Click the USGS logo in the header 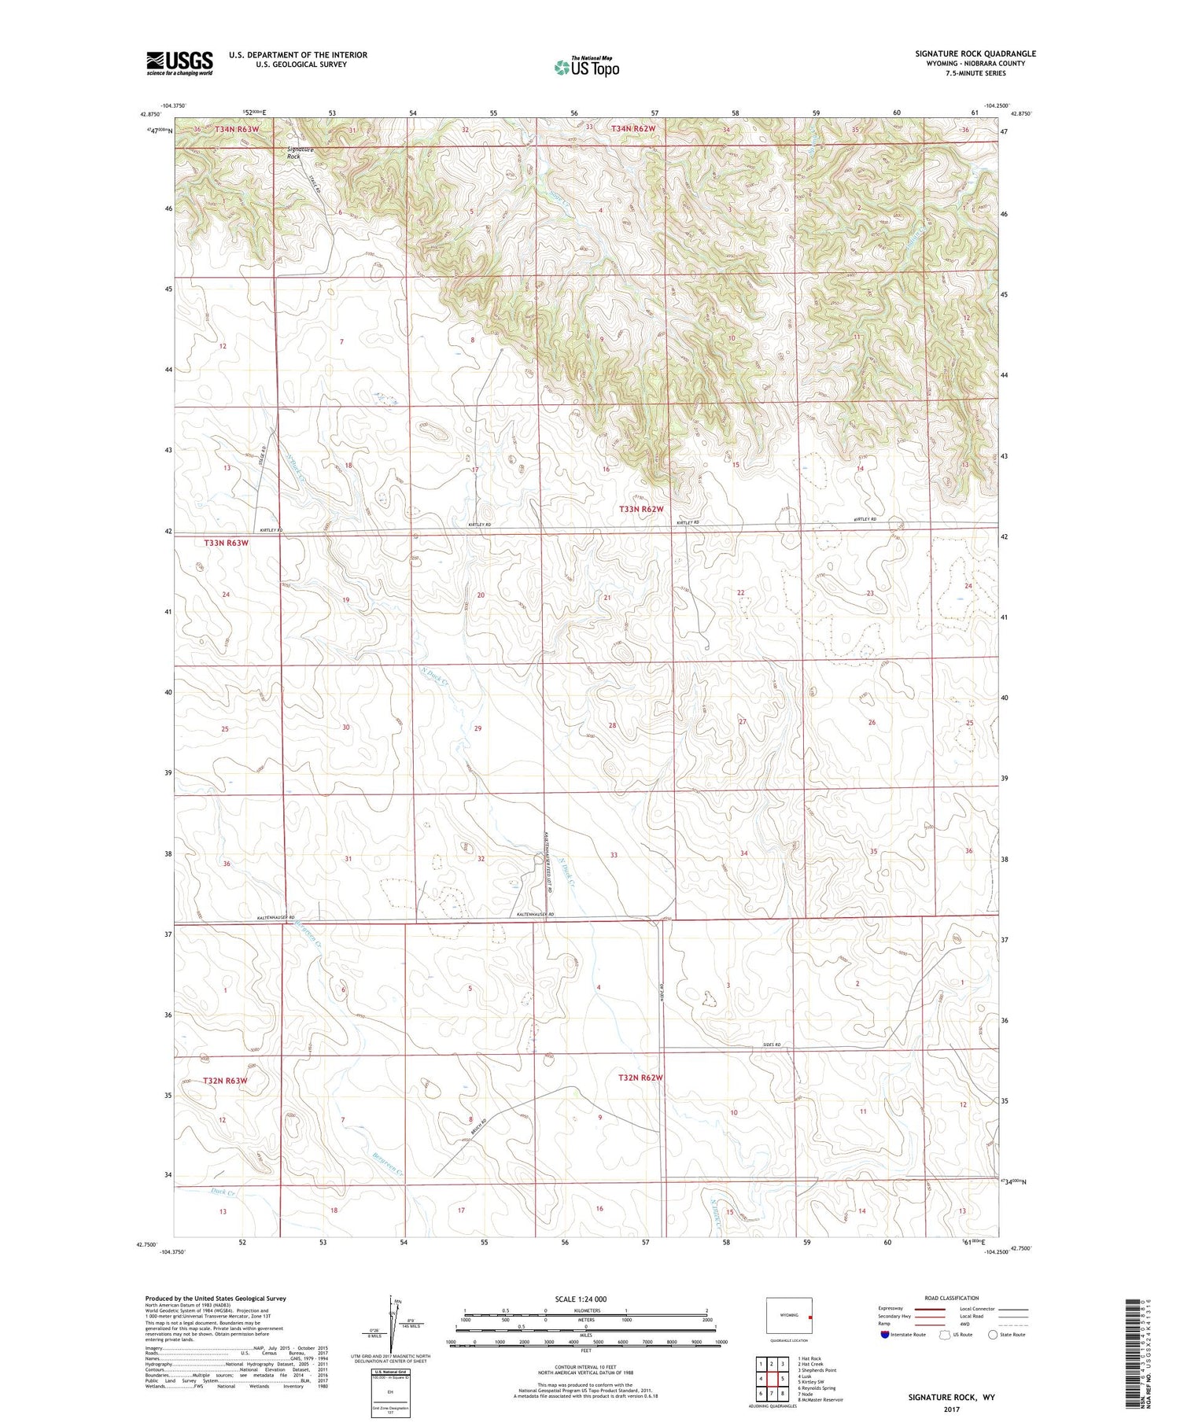[179, 63]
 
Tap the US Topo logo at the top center [586, 68]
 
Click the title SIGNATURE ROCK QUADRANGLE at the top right [975, 53]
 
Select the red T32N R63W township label [225, 1081]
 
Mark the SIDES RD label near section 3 [772, 1045]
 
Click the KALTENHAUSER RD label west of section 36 [275, 918]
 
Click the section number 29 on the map [478, 728]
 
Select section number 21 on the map [607, 598]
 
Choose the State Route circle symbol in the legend [993, 1335]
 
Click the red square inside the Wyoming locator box [809, 1315]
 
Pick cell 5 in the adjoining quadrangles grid [783, 1378]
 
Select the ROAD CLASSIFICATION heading [952, 1298]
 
